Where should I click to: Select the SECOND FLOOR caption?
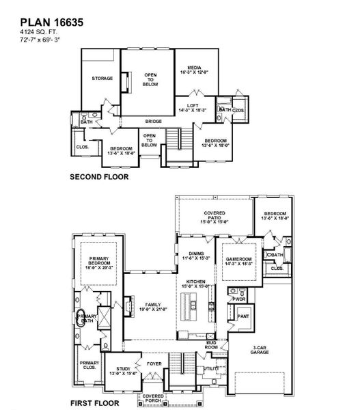pos(99,176)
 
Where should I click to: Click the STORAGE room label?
pos(102,79)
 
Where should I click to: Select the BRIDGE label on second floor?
pos(152,121)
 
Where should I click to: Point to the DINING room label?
pos(196,256)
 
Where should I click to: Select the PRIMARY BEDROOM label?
pos(100,261)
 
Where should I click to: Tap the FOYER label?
pos(154,364)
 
